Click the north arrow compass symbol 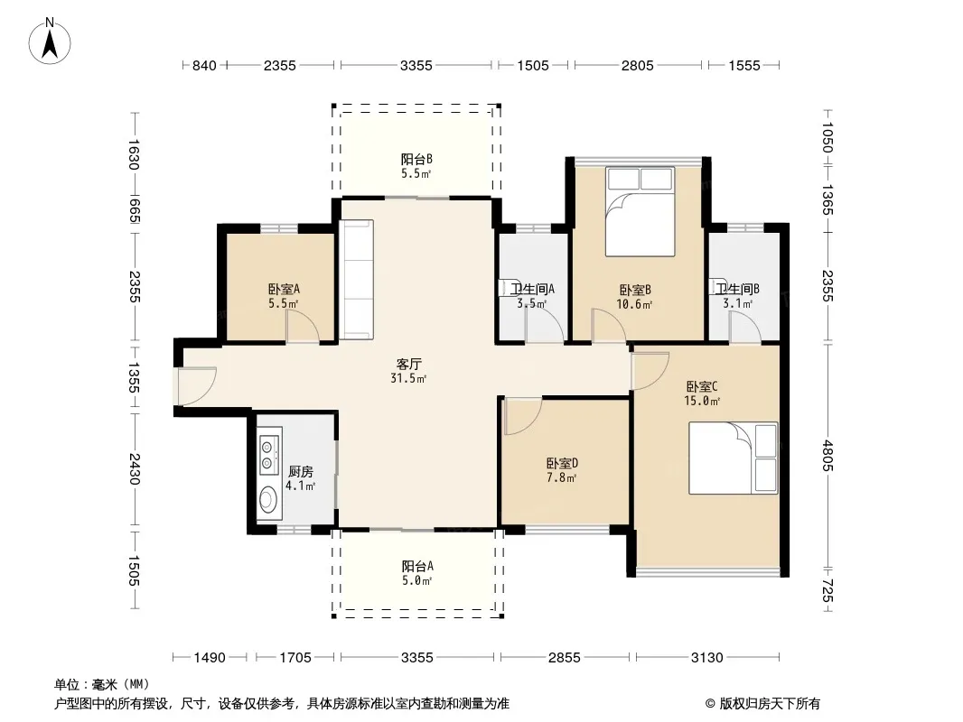[50, 42]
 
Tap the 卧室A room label [284, 289]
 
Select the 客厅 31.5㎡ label [408, 371]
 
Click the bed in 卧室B [640, 211]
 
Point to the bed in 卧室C [734, 458]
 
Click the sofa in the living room [357, 280]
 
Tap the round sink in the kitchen [267, 500]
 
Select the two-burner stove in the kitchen [268, 455]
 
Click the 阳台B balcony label [416, 160]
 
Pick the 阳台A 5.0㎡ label [417, 573]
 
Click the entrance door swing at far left [197, 386]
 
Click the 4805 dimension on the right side [827, 455]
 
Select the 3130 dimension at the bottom [707, 658]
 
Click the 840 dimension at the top [204, 65]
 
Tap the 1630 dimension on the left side [135, 154]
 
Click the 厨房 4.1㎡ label [300, 478]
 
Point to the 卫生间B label [737, 289]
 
